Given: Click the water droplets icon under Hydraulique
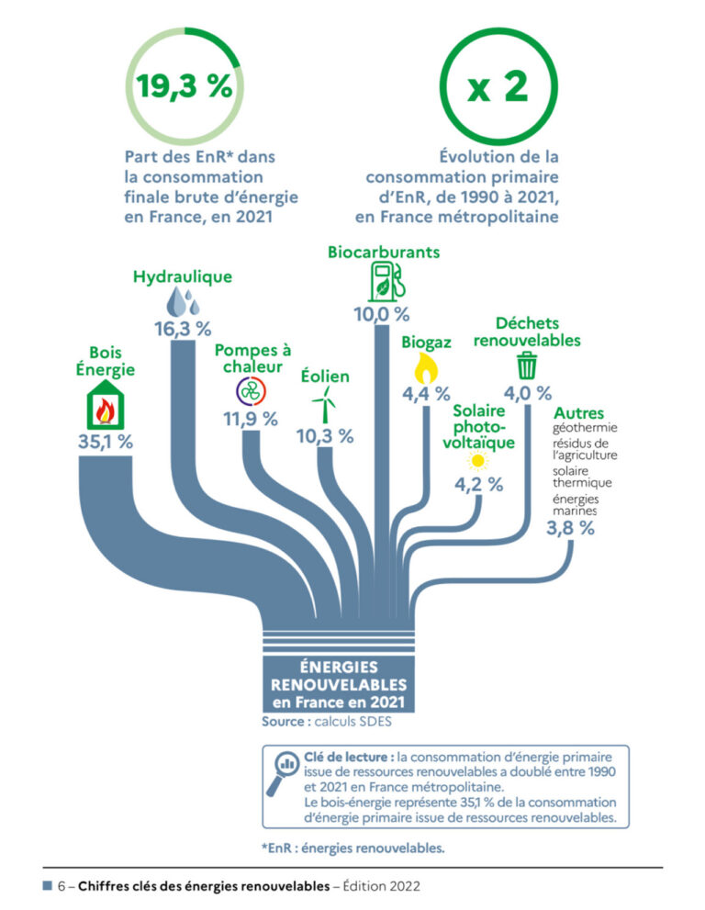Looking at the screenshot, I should pyautogui.click(x=182, y=302).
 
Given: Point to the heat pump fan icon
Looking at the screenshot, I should pyautogui.click(x=251, y=391).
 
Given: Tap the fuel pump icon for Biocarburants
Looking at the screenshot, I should pyautogui.click(x=382, y=281).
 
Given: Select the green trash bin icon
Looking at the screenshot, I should pyautogui.click(x=526, y=365).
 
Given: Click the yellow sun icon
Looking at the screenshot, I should pyautogui.click(x=476, y=461).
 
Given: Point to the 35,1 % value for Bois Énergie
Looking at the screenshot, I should pyautogui.click(x=106, y=442).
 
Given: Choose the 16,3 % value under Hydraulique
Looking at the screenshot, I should pyautogui.click(x=183, y=328).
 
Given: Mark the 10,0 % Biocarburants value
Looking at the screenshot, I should pyautogui.click(x=382, y=314).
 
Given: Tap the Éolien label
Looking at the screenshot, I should pyautogui.click(x=325, y=376).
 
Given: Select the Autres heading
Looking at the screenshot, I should pyautogui.click(x=578, y=413).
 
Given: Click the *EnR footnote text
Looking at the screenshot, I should pyautogui.click(x=352, y=848).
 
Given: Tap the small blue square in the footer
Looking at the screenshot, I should pyautogui.click(x=46, y=886).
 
